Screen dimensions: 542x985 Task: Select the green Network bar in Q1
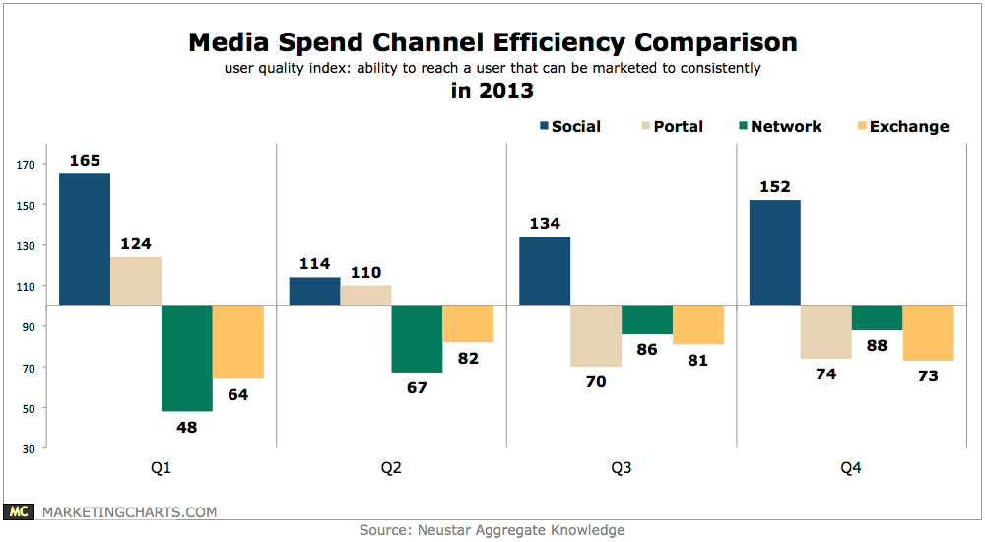187,359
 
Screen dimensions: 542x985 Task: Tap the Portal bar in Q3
596,336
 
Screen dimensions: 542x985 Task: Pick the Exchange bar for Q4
928,333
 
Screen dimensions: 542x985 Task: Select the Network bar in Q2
417,339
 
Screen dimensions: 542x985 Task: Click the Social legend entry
570,126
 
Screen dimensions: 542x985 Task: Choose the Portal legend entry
670,126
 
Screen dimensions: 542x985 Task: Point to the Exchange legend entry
900,126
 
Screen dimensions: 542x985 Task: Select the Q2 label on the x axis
391,469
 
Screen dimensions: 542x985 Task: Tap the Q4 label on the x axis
851,469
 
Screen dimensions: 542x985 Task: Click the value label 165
85,160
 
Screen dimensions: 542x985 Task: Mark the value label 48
187,426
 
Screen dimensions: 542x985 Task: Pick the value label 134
545,223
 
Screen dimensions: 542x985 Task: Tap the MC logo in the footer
18,511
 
